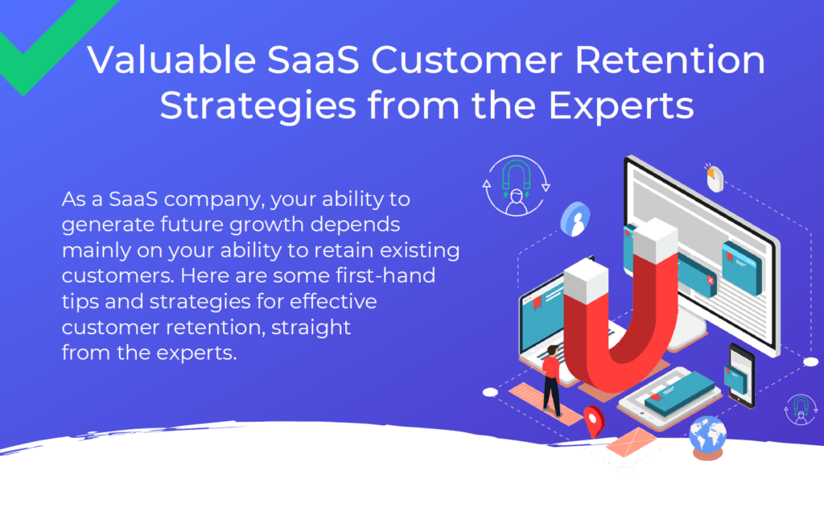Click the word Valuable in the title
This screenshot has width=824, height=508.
(172, 60)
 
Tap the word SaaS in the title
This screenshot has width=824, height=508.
(313, 60)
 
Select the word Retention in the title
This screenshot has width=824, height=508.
(670, 60)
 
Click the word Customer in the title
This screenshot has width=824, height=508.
(468, 60)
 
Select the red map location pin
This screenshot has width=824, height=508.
(595, 420)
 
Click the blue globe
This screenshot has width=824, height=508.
(708, 436)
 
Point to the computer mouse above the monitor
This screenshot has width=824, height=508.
(715, 179)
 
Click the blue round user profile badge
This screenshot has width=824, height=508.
(576, 219)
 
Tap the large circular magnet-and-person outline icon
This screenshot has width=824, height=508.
(516, 186)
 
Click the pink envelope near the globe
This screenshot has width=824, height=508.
(631, 441)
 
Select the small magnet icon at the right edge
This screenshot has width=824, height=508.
(801, 409)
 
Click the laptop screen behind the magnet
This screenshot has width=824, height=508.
(544, 316)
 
